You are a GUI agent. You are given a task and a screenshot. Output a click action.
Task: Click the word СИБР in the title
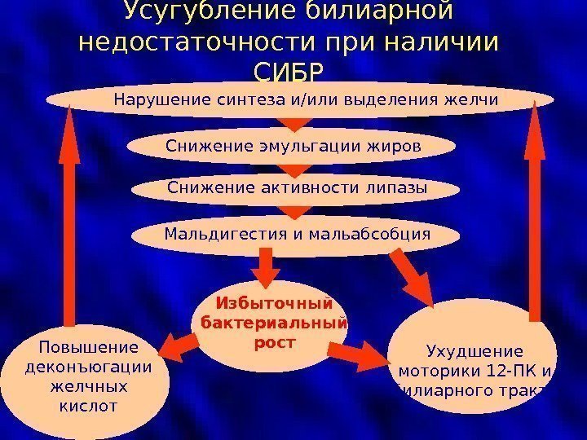point(289,73)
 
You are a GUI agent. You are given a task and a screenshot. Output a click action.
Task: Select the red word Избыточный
point(274,304)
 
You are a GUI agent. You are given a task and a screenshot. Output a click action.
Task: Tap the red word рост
point(273,342)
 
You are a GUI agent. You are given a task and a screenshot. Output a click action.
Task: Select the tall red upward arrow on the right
point(536,212)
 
